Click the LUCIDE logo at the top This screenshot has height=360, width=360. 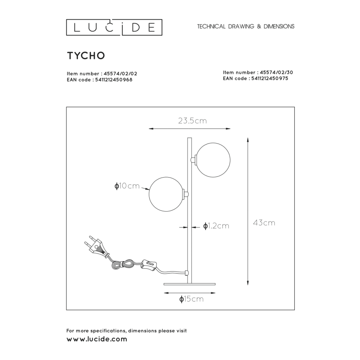114,27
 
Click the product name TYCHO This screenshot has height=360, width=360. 86,56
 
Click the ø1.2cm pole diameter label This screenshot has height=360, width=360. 216,226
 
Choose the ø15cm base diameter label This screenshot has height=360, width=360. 192,299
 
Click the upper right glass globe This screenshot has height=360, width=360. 213,160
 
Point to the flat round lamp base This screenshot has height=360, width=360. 190,284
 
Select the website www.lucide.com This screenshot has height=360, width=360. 96,339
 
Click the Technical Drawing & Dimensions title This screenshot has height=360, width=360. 246,26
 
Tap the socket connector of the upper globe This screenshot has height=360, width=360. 194,160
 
